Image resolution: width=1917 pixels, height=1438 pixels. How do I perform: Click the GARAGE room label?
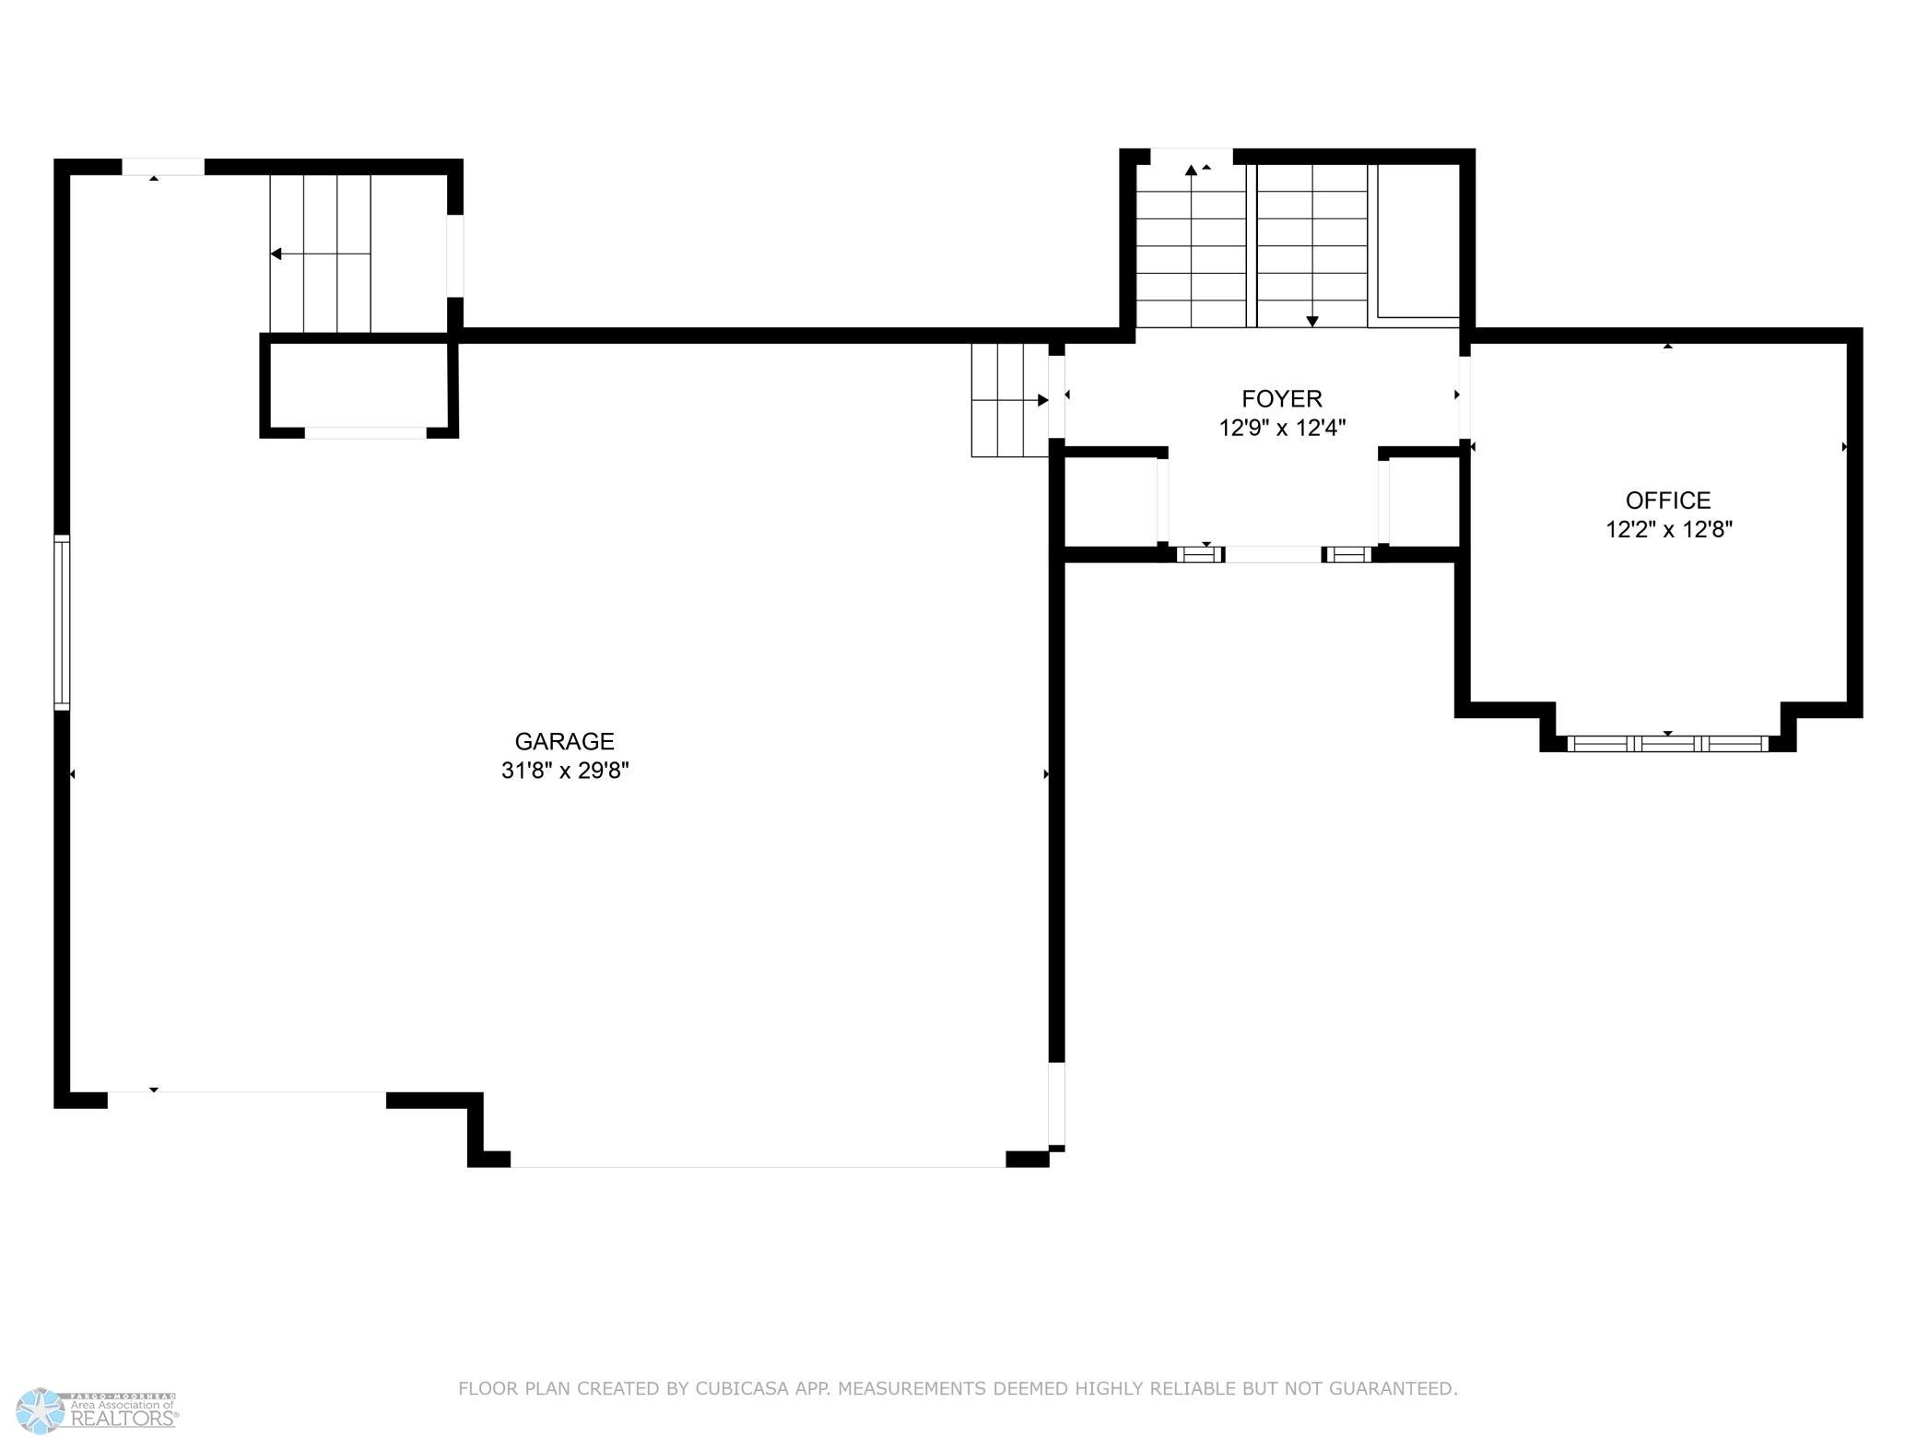click(x=564, y=741)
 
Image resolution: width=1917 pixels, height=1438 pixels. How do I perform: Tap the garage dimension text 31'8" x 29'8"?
click(x=564, y=771)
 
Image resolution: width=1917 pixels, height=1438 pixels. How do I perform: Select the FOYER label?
click(x=1282, y=398)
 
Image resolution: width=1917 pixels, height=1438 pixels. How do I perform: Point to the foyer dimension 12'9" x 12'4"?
click(x=1282, y=428)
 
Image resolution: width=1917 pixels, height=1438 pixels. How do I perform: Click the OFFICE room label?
click(x=1668, y=500)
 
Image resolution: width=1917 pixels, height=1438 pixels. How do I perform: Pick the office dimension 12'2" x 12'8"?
click(x=1668, y=529)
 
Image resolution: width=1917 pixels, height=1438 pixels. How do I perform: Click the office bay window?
click(x=1667, y=743)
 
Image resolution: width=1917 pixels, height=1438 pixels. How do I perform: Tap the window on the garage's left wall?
click(x=62, y=622)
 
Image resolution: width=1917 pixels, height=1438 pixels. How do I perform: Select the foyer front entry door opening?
click(x=1273, y=554)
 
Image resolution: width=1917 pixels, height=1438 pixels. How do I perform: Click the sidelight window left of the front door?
click(x=1199, y=554)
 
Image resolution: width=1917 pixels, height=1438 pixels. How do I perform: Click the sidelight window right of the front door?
click(x=1347, y=554)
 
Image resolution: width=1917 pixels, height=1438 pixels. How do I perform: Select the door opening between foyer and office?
click(x=1464, y=397)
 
